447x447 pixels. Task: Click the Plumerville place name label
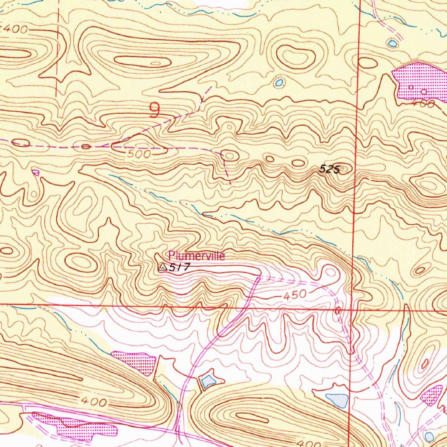[x=196, y=256]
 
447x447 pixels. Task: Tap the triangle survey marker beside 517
[x=162, y=267]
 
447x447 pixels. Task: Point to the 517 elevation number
[x=179, y=268]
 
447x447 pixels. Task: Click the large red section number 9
[x=154, y=110]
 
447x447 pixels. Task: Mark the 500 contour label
[x=140, y=154]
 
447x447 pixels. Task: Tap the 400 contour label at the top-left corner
[x=15, y=30]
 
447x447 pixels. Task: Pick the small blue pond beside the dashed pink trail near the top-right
[x=393, y=43]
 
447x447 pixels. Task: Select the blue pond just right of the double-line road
[x=208, y=381]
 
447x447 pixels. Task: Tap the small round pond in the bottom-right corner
[x=429, y=437]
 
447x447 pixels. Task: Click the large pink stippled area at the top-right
[x=419, y=81]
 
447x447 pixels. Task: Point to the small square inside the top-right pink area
[x=411, y=87]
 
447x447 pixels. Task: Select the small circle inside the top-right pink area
[x=424, y=92]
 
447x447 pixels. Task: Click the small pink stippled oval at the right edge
[x=431, y=395]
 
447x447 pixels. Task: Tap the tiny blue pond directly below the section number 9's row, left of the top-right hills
[x=279, y=83]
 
